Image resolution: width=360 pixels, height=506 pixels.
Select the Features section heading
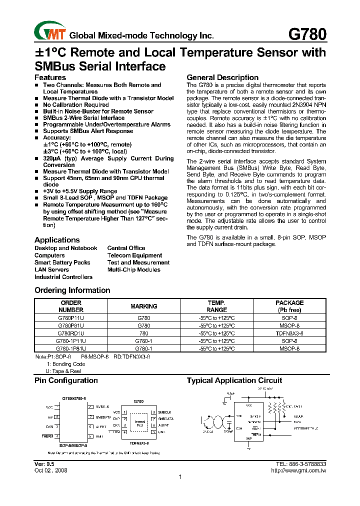click(x=50, y=77)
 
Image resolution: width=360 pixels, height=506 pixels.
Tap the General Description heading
click(x=222, y=77)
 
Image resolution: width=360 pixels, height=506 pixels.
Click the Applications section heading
click(x=57, y=240)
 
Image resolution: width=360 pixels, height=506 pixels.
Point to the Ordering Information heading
click(x=72, y=290)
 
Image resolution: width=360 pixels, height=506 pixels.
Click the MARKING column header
click(x=143, y=306)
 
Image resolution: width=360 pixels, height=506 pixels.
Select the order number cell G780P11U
click(x=70, y=317)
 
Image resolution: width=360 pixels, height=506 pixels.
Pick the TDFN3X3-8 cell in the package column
click(x=289, y=333)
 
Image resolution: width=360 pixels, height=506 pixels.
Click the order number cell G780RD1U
click(x=70, y=333)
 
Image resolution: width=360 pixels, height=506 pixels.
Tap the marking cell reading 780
click(x=143, y=333)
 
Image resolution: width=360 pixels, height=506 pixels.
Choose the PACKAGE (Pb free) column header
click(x=289, y=306)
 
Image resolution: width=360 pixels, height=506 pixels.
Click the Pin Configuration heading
click(x=66, y=380)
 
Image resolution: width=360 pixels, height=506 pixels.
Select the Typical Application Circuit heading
click(x=234, y=380)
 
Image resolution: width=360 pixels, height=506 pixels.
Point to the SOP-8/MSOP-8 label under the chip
click(x=73, y=445)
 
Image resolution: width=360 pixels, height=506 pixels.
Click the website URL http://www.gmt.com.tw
click(x=298, y=470)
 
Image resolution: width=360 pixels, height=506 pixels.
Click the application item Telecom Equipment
click(x=134, y=255)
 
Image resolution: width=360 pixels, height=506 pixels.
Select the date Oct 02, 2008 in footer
click(x=50, y=470)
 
